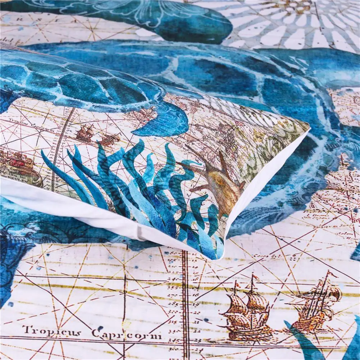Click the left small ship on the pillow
tap(85, 133)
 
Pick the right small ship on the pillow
tap(109, 139)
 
